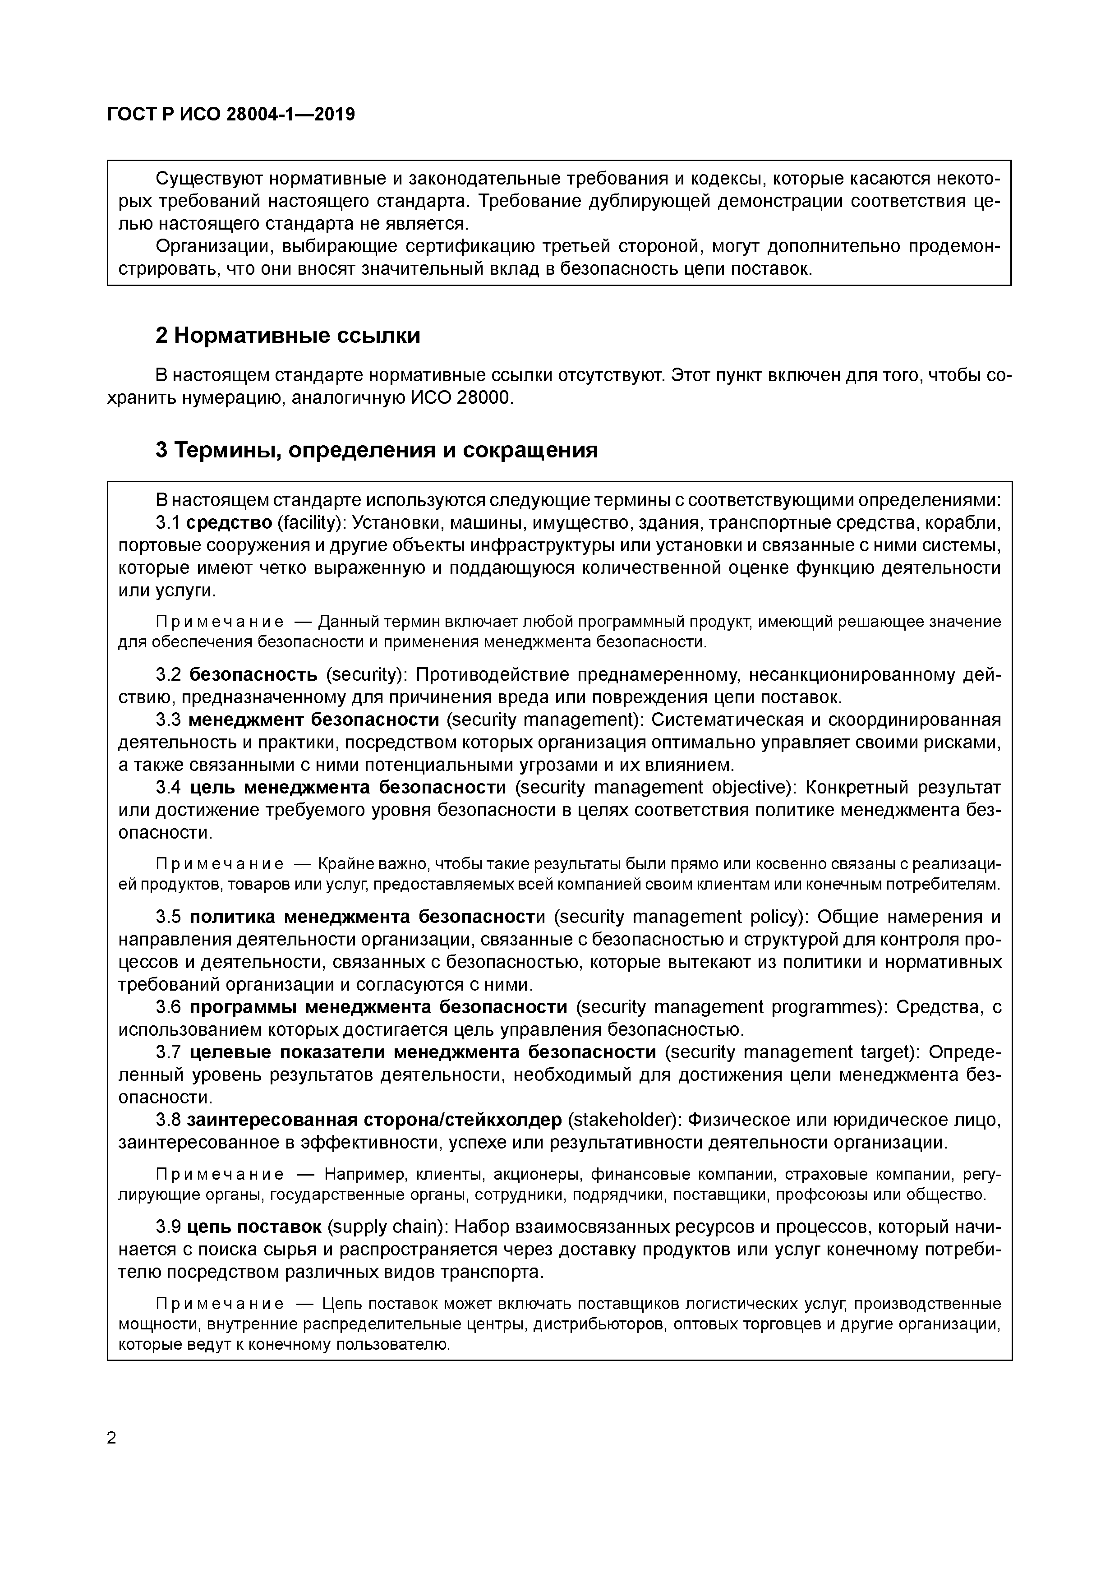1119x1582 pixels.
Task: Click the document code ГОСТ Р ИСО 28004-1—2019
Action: click(231, 115)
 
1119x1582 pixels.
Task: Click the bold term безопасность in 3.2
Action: click(253, 674)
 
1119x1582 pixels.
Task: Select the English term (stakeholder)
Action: click(622, 1121)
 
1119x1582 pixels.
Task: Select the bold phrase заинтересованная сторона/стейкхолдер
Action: click(374, 1121)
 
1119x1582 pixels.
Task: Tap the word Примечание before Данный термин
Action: click(220, 622)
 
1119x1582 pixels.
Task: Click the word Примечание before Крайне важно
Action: click(220, 864)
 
